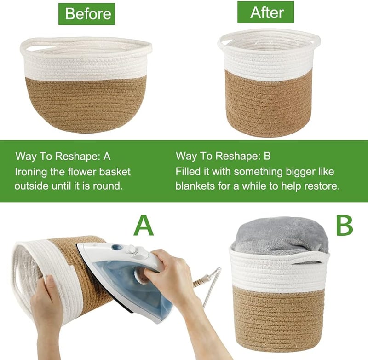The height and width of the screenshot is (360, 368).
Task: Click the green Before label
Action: [86, 14]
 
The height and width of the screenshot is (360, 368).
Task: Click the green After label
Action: [266, 12]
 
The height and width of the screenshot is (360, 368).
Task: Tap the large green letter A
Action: [144, 226]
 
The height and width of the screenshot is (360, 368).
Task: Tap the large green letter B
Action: [344, 226]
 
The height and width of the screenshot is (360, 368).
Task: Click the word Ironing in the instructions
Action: [31, 172]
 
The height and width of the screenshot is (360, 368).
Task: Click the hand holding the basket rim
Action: [46, 303]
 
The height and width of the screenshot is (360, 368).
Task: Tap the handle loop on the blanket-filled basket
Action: [305, 258]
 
